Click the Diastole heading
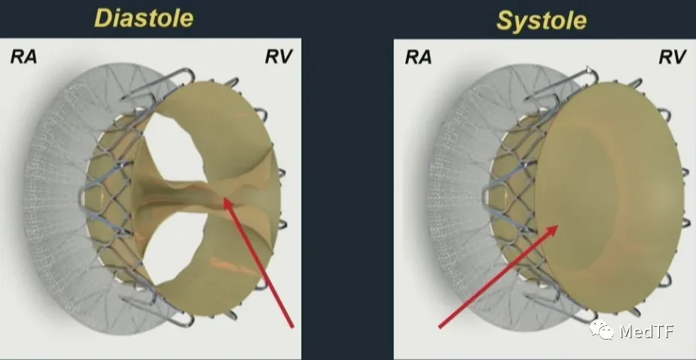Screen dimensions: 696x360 [144, 19]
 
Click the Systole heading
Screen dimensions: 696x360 [542, 20]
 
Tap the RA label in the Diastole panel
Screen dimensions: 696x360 [23, 56]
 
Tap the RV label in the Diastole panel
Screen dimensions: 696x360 [279, 56]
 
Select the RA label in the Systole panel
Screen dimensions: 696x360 [418, 57]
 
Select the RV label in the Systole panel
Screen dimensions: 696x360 [673, 57]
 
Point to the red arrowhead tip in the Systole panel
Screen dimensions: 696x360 [558, 226]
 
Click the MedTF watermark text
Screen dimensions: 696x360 [646, 331]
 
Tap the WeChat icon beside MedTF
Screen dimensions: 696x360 [601, 330]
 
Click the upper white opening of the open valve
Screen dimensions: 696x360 [176, 148]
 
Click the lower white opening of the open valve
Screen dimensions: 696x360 [176, 247]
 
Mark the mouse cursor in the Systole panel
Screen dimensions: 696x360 [590, 71]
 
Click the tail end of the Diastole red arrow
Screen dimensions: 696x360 [292, 327]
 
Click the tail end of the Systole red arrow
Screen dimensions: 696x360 [439, 327]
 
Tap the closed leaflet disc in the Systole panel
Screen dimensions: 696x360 [608, 197]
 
